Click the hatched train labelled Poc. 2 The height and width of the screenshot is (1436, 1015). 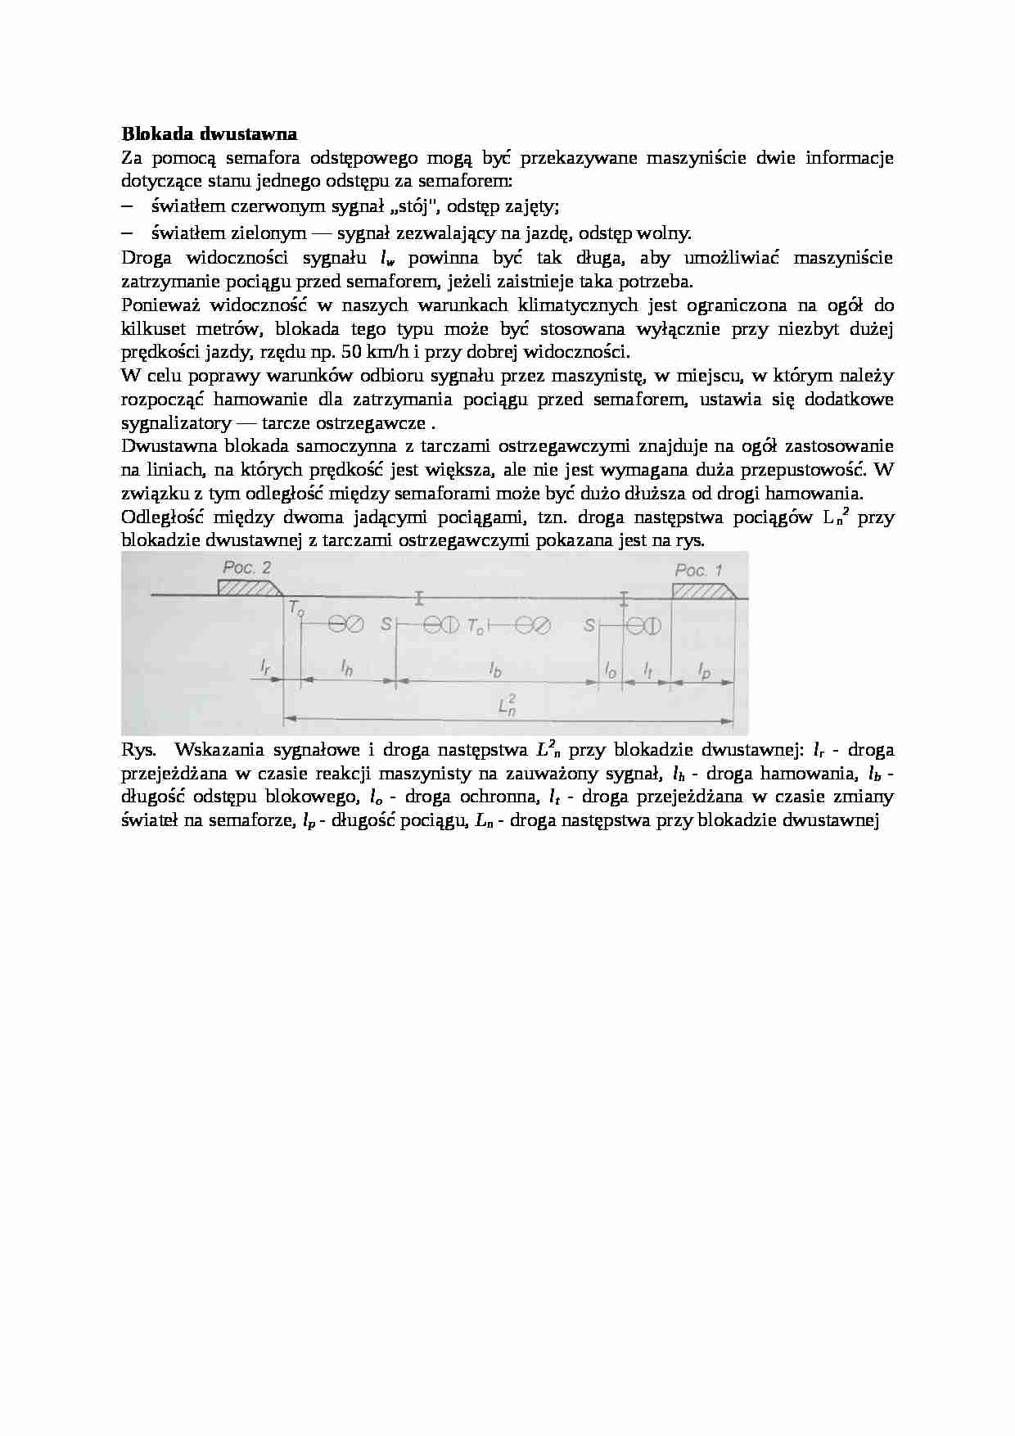(x=248, y=588)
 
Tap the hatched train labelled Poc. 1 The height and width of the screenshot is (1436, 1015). (x=702, y=590)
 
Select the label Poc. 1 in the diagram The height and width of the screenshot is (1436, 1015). (x=698, y=570)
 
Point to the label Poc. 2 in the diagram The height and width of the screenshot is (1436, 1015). (x=246, y=567)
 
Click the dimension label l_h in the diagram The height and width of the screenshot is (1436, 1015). (x=347, y=668)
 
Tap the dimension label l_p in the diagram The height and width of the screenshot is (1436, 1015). (x=703, y=671)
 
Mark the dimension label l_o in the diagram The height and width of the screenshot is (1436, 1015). (x=610, y=670)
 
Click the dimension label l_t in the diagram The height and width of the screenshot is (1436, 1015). (x=647, y=670)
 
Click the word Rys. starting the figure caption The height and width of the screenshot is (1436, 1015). (x=138, y=749)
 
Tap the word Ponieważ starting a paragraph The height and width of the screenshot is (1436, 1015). (x=160, y=305)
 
